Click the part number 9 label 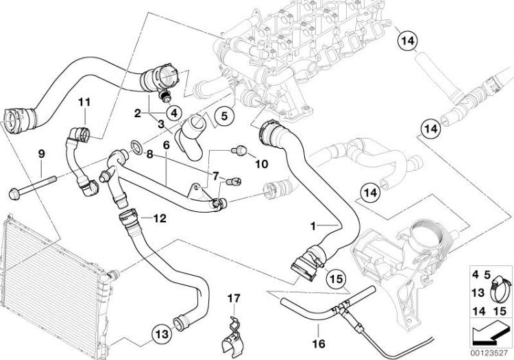tap(41, 152)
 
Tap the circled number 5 tap(224, 117)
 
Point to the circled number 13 tap(158, 335)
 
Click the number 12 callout tap(159, 219)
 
